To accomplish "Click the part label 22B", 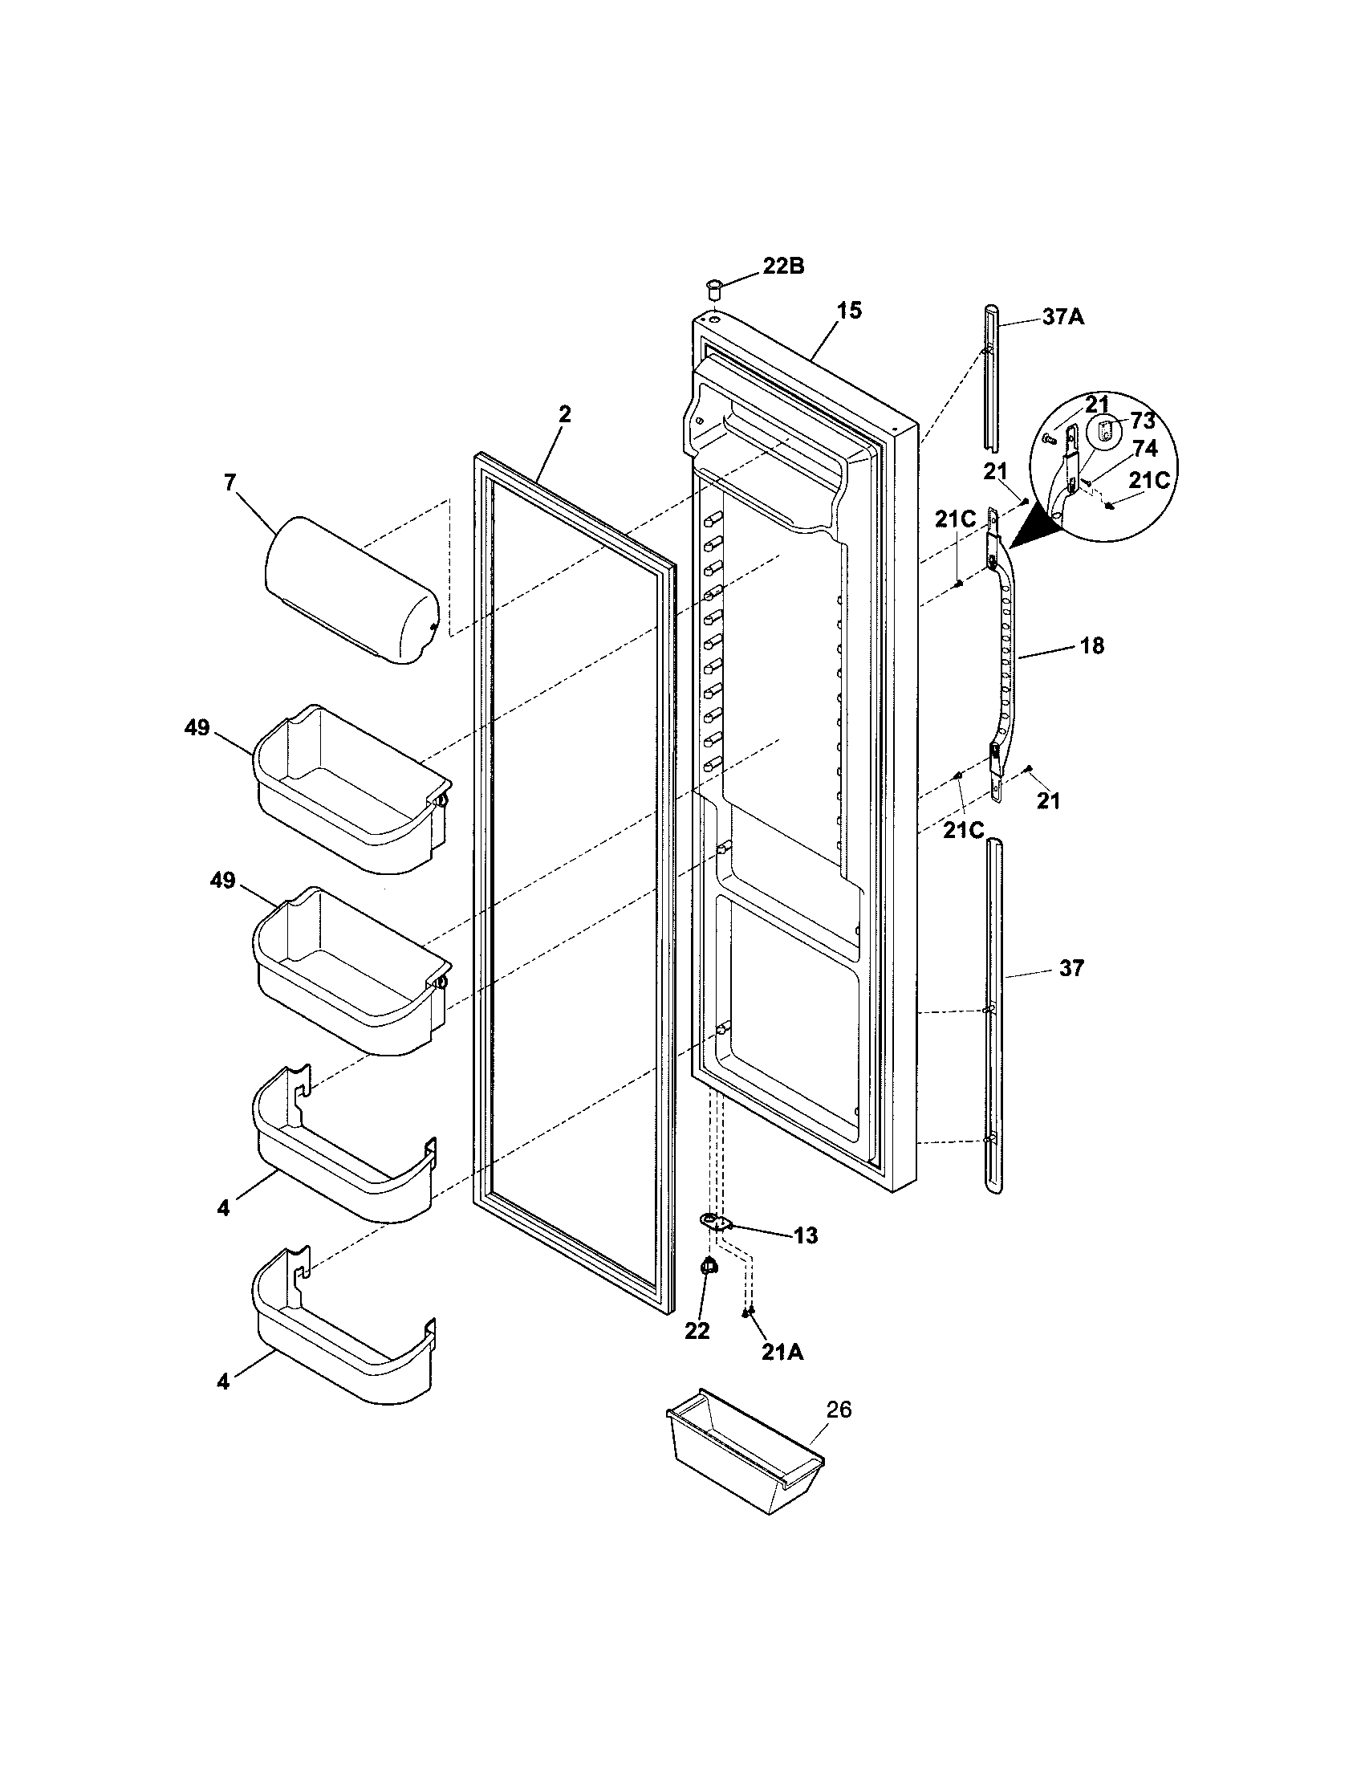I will click(783, 266).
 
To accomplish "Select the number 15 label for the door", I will click(848, 310).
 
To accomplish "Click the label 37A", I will click(1062, 316).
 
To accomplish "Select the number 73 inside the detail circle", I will click(1142, 421).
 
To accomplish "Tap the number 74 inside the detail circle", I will click(1144, 450).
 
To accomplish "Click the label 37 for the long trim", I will click(1071, 968).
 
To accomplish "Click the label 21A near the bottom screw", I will click(782, 1352).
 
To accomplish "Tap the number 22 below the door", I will click(697, 1331).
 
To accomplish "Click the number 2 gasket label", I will click(564, 414).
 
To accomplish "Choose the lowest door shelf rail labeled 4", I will click(343, 1342).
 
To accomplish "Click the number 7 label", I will click(230, 482).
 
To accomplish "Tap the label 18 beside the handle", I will click(1091, 646).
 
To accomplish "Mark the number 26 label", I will click(839, 1410).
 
